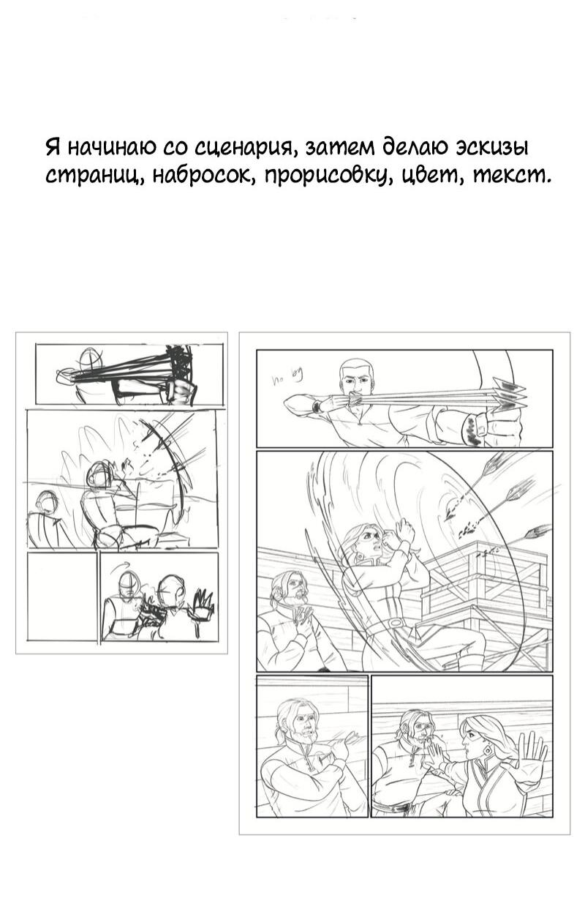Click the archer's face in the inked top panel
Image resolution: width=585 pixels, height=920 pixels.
(357, 380)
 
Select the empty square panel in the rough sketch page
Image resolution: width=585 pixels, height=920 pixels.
(61, 596)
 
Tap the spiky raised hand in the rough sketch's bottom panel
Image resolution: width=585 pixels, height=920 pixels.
(202, 604)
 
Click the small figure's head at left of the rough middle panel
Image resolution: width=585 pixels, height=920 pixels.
(47, 502)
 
